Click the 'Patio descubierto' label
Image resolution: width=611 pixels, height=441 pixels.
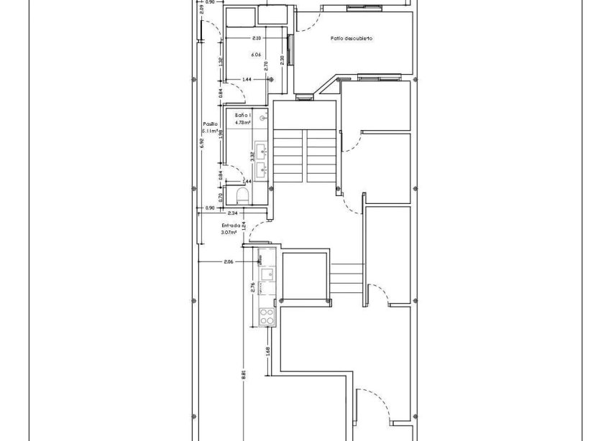tap(352, 38)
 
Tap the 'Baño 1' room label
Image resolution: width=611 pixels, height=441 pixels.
tap(243, 115)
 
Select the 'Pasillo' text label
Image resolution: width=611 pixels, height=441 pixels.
tap(210, 124)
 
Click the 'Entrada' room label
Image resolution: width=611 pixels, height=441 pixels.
tap(231, 225)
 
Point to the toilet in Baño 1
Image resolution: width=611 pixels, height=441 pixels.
tap(242, 195)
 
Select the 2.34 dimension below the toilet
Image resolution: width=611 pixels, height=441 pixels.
tap(232, 213)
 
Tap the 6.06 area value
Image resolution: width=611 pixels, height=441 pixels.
tap(256, 55)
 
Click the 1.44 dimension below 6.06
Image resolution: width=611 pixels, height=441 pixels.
tap(247, 79)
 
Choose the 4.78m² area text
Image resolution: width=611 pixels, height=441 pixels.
tap(243, 123)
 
